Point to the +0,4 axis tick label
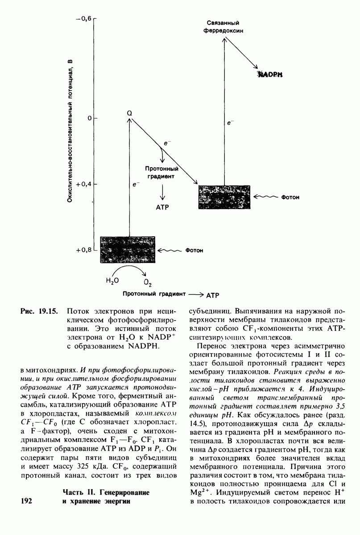tap(83, 184)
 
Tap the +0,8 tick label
tap(83, 250)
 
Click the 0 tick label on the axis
tap(89, 118)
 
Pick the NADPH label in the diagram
tap(270, 75)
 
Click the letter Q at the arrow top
tap(129, 113)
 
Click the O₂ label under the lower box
tap(148, 283)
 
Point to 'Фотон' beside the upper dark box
tap(290, 197)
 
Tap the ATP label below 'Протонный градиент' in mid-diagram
tap(162, 207)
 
